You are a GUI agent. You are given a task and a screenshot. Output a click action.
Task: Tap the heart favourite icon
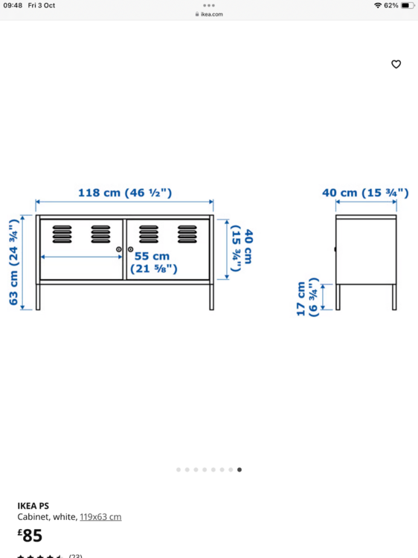pos(396,64)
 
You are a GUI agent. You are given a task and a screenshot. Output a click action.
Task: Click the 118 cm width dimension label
pos(125,193)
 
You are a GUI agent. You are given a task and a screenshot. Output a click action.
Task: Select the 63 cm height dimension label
pos(13,263)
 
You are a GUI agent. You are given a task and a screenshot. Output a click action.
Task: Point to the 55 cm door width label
pos(153,263)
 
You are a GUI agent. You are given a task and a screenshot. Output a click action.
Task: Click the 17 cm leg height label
pos(307,298)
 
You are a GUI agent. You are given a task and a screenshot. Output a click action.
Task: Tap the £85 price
pos(30,536)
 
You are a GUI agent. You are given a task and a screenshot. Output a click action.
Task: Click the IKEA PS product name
pos(33,506)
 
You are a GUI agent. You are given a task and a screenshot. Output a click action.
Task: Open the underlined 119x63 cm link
pos(100,517)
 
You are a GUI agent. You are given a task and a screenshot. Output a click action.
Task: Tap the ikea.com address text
pos(212,14)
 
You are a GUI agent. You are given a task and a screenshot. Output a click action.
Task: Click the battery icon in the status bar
pos(408,5)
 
